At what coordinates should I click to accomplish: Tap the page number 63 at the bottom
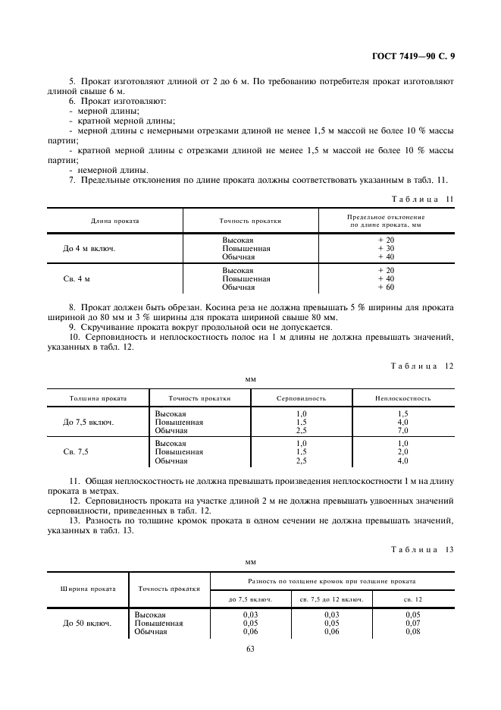(x=250, y=648)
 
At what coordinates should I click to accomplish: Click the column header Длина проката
(x=115, y=221)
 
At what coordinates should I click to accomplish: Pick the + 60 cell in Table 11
(x=386, y=287)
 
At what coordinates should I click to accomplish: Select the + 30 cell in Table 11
(x=386, y=248)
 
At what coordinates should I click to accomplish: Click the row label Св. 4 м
(x=77, y=279)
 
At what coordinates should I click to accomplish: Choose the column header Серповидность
(x=301, y=397)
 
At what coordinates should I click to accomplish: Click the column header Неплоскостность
(x=402, y=397)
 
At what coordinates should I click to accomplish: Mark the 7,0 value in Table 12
(x=402, y=430)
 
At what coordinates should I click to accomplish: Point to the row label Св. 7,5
(x=76, y=451)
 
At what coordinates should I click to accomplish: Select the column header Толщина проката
(x=98, y=397)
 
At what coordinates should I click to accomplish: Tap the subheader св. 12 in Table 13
(x=413, y=599)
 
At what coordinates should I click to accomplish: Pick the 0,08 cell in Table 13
(x=412, y=631)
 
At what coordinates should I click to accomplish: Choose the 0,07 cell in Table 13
(x=412, y=623)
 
